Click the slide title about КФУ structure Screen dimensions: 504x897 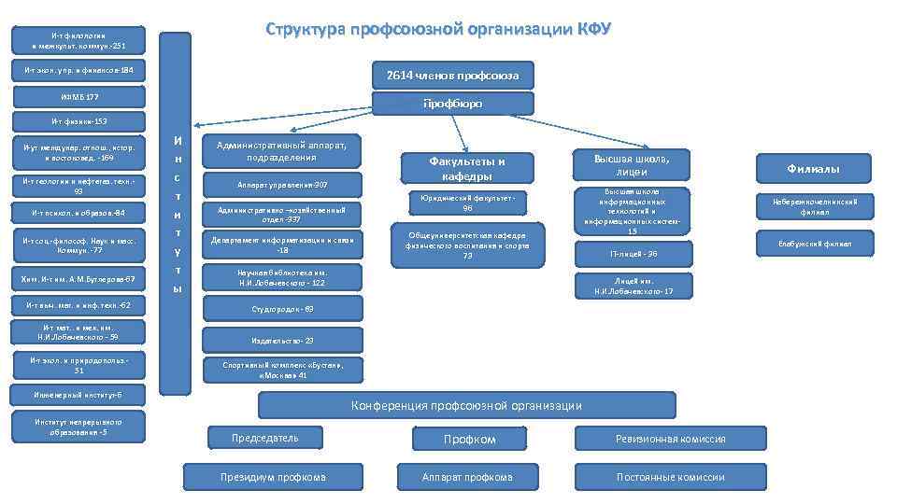click(437, 28)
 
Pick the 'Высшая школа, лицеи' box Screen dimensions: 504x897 click(633, 165)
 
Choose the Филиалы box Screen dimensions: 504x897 click(813, 169)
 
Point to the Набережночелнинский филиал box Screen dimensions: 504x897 click(813, 206)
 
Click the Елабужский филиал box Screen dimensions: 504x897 click(813, 244)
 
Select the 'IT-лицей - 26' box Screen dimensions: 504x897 click(633, 253)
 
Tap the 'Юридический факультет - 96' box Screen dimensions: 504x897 click(466, 203)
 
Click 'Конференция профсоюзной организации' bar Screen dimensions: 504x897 click(465, 405)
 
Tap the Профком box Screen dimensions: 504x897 click(468, 439)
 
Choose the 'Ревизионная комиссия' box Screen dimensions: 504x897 click(670, 439)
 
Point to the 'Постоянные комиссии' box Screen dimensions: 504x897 click(670, 477)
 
